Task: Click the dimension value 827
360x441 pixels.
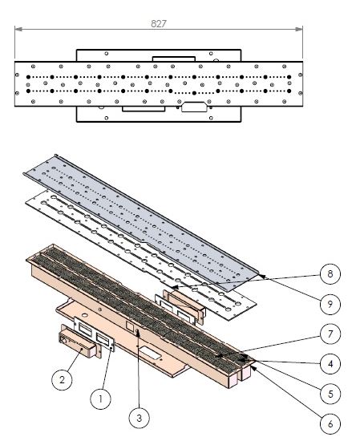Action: [159, 24]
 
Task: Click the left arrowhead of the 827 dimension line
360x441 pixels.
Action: [17, 30]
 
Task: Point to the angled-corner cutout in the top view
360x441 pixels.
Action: [193, 106]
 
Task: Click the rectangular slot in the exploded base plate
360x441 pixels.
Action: [151, 350]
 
